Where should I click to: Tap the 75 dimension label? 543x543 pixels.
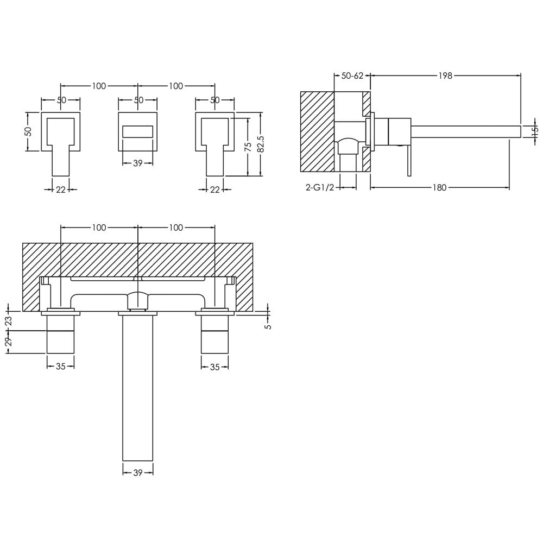(248, 147)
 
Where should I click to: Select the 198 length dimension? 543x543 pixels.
(445, 75)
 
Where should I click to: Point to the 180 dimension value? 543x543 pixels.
(439, 188)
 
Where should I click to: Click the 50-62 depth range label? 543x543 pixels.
(352, 75)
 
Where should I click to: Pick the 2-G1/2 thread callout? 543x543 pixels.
(320, 188)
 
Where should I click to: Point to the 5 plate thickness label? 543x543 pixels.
(268, 326)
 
